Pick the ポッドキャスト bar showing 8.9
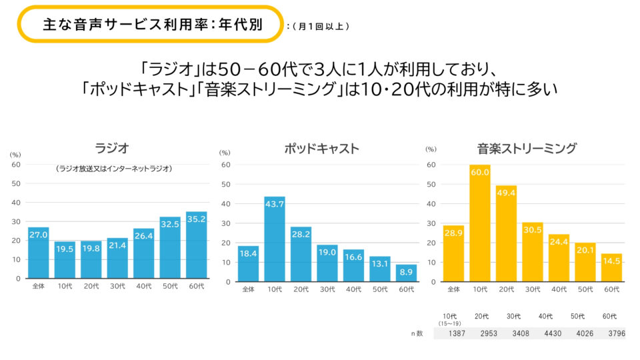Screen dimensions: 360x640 406,273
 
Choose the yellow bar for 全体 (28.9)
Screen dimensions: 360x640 453,253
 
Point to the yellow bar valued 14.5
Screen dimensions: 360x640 611,267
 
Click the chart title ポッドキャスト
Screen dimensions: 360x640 321,148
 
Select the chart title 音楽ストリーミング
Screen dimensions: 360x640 527,148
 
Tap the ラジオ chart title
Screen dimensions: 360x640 111,148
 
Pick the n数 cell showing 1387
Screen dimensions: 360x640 450,333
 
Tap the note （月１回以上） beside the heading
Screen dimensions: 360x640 319,27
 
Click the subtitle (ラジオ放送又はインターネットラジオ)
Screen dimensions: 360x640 114,169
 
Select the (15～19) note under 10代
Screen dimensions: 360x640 450,323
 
